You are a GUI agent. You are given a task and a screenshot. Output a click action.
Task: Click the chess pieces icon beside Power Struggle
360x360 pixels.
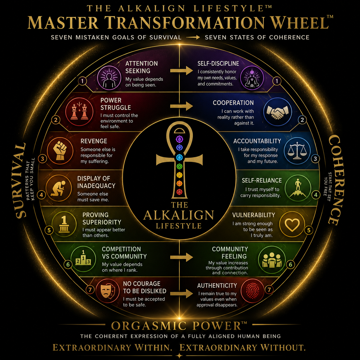(79, 111)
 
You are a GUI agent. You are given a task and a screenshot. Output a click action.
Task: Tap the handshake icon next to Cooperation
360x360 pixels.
(277, 111)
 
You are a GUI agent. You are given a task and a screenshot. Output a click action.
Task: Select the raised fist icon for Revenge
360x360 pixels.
(60, 151)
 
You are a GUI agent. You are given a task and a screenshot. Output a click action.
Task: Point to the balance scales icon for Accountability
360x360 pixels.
(297, 151)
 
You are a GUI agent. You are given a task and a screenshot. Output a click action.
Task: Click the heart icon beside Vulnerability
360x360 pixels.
(292, 224)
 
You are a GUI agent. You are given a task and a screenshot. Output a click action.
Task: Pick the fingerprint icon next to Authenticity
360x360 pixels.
(252, 291)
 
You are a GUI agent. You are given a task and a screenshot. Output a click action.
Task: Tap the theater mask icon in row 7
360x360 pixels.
(107, 291)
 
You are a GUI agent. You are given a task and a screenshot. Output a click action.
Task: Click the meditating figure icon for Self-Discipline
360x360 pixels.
(252, 78)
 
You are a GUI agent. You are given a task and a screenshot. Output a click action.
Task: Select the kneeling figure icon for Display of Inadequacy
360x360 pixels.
(59, 188)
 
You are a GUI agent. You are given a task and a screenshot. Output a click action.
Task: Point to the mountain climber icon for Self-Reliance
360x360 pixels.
(298, 188)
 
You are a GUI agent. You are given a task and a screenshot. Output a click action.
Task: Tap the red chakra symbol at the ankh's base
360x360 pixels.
(179, 192)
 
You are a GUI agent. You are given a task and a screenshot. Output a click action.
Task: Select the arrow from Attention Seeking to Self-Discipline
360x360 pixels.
(181, 71)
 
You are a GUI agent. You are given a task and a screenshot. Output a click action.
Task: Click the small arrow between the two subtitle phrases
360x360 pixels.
(193, 37)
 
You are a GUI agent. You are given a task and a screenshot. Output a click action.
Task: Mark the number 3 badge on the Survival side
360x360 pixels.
(42, 159)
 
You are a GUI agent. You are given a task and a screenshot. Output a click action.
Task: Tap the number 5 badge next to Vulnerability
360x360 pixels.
(309, 230)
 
